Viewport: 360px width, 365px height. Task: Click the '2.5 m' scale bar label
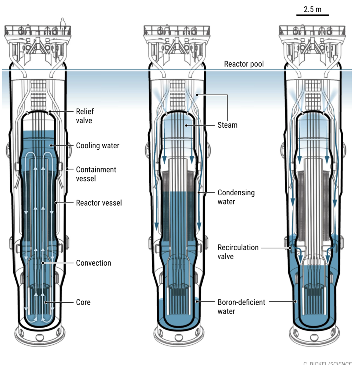point(312,9)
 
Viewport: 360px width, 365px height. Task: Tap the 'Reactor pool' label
point(244,64)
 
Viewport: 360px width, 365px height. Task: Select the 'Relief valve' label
point(85,116)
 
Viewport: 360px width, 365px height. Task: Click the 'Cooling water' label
point(98,145)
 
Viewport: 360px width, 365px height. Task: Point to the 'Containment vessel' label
point(96,174)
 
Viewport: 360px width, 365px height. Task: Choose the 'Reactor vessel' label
point(99,203)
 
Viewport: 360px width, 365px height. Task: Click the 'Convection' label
point(93,263)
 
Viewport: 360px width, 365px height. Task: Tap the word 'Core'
point(83,302)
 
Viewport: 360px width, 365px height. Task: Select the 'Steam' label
point(227,125)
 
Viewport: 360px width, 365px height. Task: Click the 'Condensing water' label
point(236,197)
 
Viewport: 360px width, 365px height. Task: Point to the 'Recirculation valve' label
point(238,252)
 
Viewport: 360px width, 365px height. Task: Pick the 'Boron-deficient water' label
point(241,307)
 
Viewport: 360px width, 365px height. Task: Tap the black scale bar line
point(312,15)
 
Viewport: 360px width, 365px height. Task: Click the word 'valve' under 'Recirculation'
point(225,257)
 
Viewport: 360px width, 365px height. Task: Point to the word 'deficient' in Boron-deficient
point(252,302)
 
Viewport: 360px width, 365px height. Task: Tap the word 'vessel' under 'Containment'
point(86,179)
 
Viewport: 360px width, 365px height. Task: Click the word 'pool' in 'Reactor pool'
point(257,64)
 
